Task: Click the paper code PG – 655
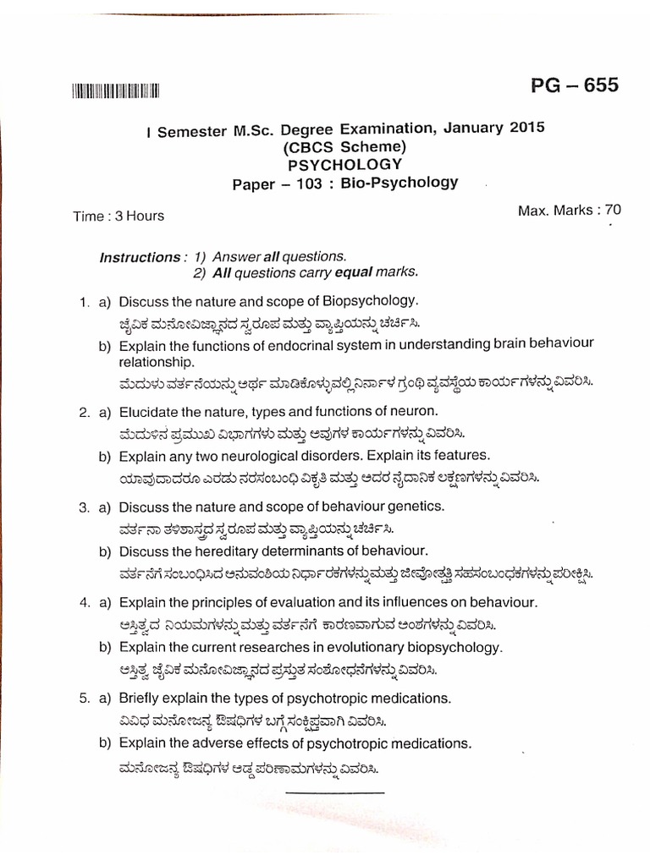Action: [574, 85]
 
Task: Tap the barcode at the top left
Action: [116, 91]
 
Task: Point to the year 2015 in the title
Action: [527, 128]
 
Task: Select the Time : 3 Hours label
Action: [118, 216]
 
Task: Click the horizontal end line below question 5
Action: [334, 793]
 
